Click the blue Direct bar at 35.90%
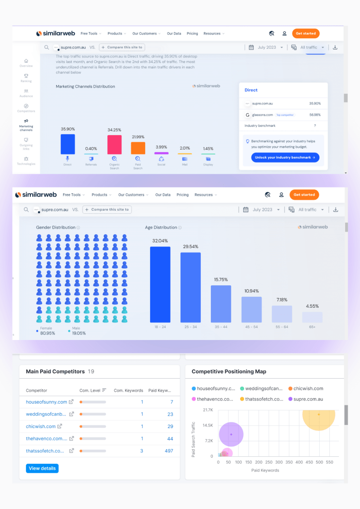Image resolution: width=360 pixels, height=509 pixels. click(x=68, y=144)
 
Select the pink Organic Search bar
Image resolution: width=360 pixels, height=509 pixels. click(x=114, y=145)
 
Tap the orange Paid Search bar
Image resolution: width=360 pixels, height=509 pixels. click(x=138, y=148)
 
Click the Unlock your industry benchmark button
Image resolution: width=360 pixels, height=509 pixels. click(x=281, y=158)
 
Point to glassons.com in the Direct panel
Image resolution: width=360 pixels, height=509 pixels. click(x=262, y=115)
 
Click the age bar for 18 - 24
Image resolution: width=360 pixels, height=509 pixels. click(x=160, y=284)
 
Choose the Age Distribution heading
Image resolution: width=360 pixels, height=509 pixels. click(x=161, y=228)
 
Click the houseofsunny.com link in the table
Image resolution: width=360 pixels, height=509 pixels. click(x=46, y=402)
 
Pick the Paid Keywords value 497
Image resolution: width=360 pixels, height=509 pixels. click(x=168, y=451)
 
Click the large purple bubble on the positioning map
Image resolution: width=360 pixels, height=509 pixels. click(x=231, y=434)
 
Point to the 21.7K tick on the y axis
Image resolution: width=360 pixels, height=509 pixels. click(x=208, y=410)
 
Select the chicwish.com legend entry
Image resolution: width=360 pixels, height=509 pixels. click(x=308, y=389)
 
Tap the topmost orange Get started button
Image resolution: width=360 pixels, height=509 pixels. click(x=305, y=33)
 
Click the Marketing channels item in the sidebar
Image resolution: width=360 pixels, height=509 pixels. click(x=26, y=125)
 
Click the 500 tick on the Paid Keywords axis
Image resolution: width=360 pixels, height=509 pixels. click(x=319, y=462)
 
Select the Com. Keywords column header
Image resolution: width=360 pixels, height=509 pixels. click(x=128, y=391)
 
